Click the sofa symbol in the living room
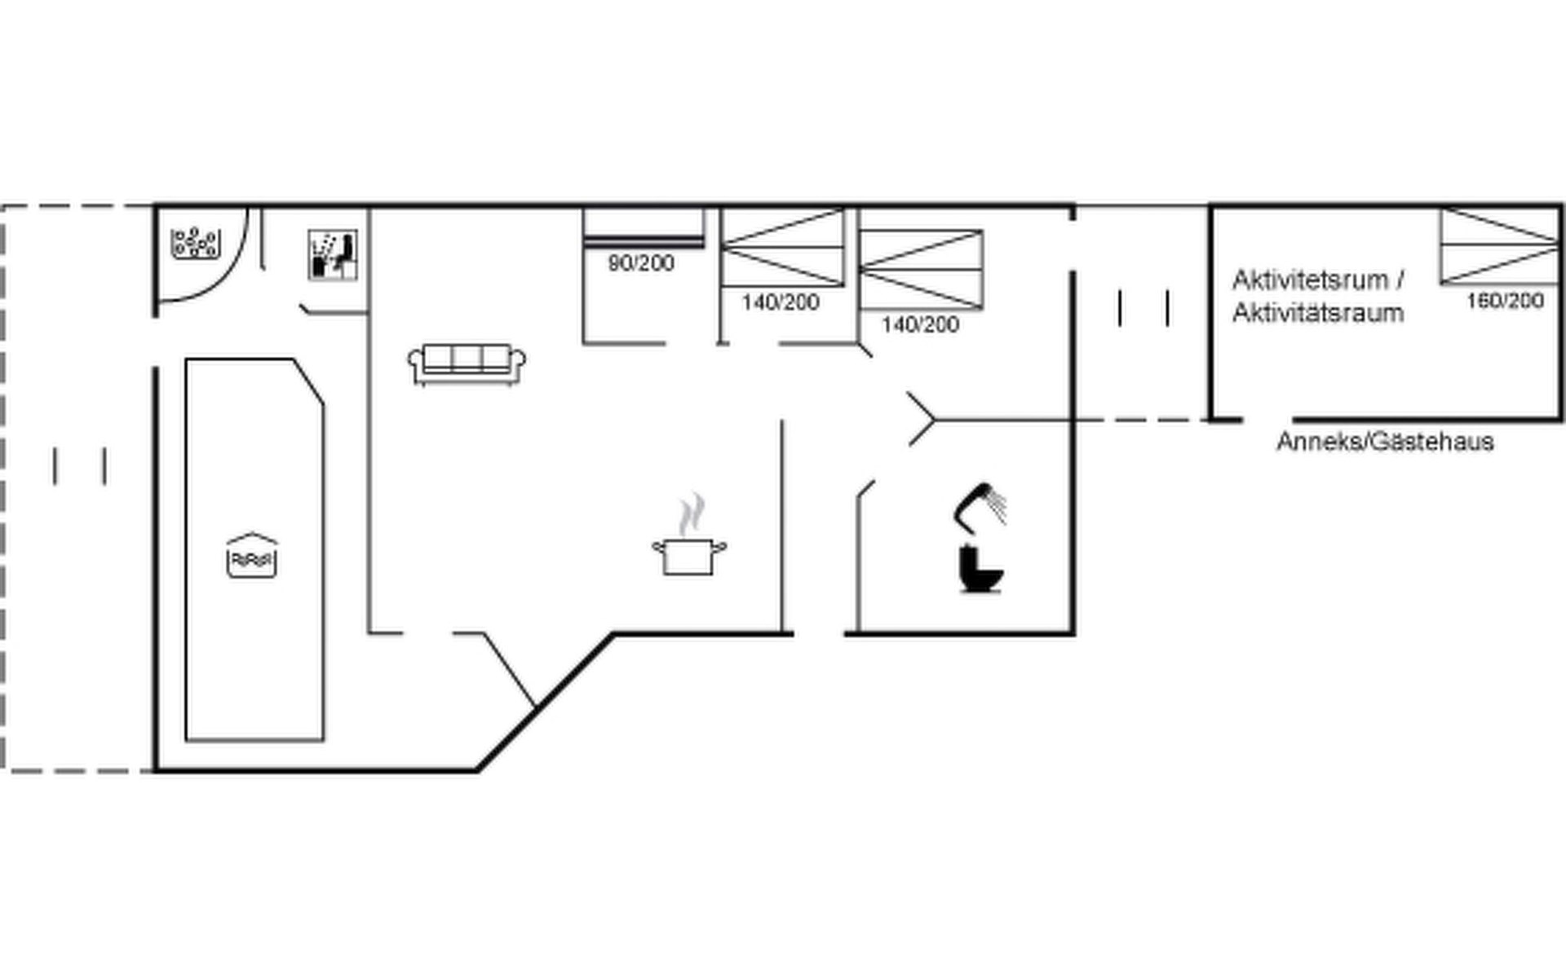click(467, 364)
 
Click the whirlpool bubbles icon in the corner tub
click(194, 244)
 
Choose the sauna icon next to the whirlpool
click(333, 255)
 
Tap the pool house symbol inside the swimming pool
click(252, 556)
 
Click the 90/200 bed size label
click(641, 263)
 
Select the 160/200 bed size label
click(1505, 301)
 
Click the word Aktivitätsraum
click(1318, 312)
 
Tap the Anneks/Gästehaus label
click(1385, 442)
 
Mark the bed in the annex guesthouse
click(1499, 246)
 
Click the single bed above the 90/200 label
click(644, 227)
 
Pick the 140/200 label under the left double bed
click(781, 302)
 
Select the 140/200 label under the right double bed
click(920, 324)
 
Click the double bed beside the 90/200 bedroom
click(783, 247)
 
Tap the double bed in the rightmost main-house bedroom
click(921, 269)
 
